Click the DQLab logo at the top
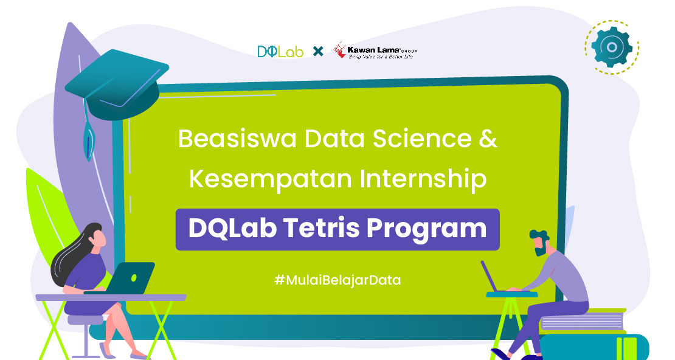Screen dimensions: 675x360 coord(280,52)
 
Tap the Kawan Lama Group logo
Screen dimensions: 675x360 coord(375,50)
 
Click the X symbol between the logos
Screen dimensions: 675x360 coord(318,52)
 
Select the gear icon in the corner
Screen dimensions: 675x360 coord(612,47)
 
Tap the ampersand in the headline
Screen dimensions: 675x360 coord(488,139)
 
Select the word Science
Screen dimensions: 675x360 coord(422,139)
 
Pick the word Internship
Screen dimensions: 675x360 coord(423,179)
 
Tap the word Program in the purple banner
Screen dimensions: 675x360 coord(427,229)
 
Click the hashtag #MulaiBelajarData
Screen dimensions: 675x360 coord(337,280)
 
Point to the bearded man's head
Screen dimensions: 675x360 coord(539,243)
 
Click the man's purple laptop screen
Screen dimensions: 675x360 coord(489,276)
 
